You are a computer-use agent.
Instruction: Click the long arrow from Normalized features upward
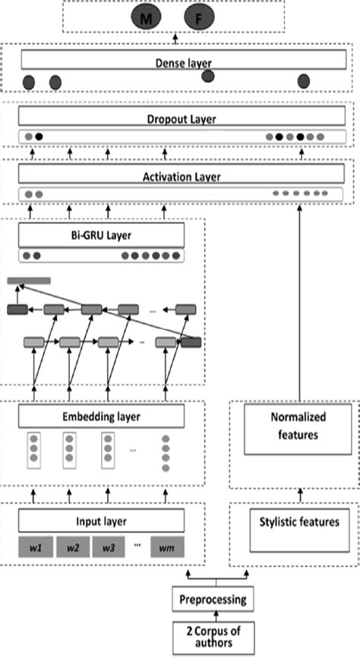(298, 304)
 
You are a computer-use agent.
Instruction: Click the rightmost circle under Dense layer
(304, 81)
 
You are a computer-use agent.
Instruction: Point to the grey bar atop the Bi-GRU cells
(29, 281)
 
